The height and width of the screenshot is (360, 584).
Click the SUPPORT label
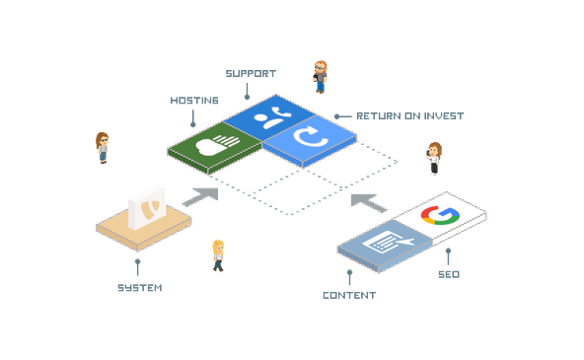point(249,73)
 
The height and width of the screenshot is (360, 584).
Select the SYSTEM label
point(138,289)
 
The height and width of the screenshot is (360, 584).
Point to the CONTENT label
point(350,295)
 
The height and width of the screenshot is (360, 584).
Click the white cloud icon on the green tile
point(217,146)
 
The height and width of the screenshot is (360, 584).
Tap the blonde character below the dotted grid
point(218,253)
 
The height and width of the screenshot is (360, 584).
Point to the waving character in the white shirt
point(434,158)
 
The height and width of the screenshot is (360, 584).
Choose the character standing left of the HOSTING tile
point(102,148)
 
